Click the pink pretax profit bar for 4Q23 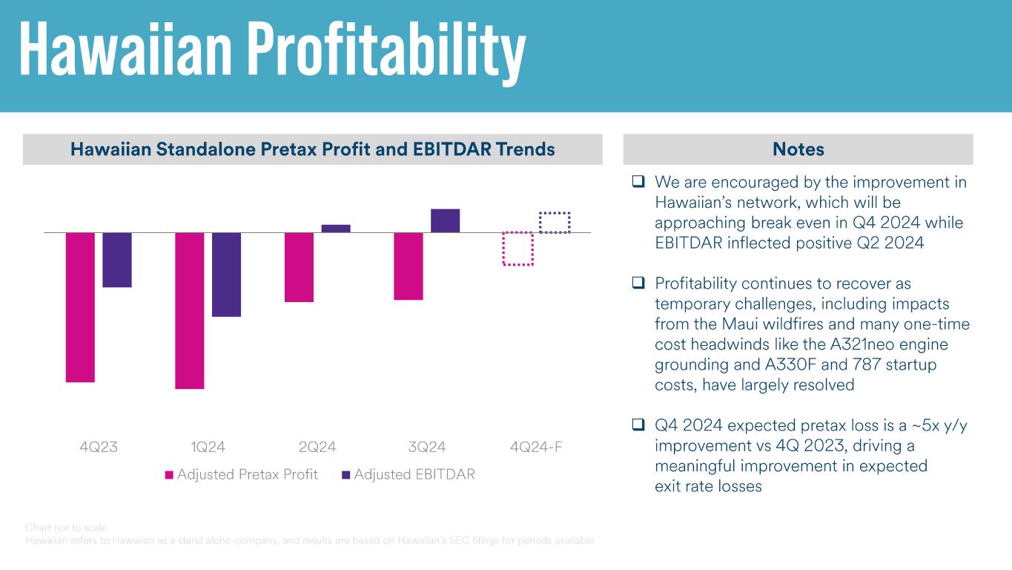point(80,307)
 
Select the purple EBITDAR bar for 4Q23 point(117,260)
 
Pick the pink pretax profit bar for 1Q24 point(190,310)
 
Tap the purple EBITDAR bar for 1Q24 point(227,275)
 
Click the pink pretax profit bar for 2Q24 point(299,267)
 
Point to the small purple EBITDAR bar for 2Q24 point(336,229)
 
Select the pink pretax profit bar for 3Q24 point(409,266)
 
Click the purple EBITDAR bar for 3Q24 point(445,221)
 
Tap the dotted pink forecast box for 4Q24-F point(518,249)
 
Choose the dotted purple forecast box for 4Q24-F point(555,223)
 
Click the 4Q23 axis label point(99,447)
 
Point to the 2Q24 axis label point(317,447)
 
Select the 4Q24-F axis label point(536,447)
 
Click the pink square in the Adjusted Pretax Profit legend point(169,475)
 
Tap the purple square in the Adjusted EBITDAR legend point(345,475)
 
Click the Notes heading point(798,149)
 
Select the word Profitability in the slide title point(386,50)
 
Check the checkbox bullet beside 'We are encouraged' point(638,182)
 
